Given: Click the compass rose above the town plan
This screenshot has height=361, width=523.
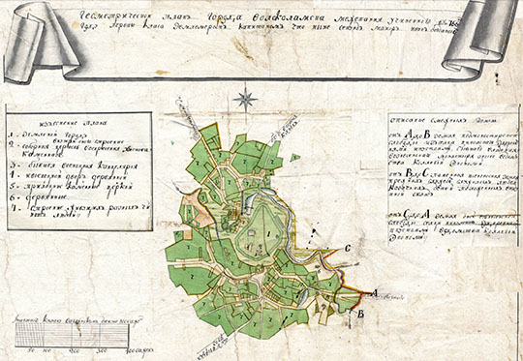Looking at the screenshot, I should click(247, 98).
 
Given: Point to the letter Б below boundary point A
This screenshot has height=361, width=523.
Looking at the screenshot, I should click(360, 314).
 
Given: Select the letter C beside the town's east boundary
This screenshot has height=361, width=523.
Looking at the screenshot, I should click(346, 250).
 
